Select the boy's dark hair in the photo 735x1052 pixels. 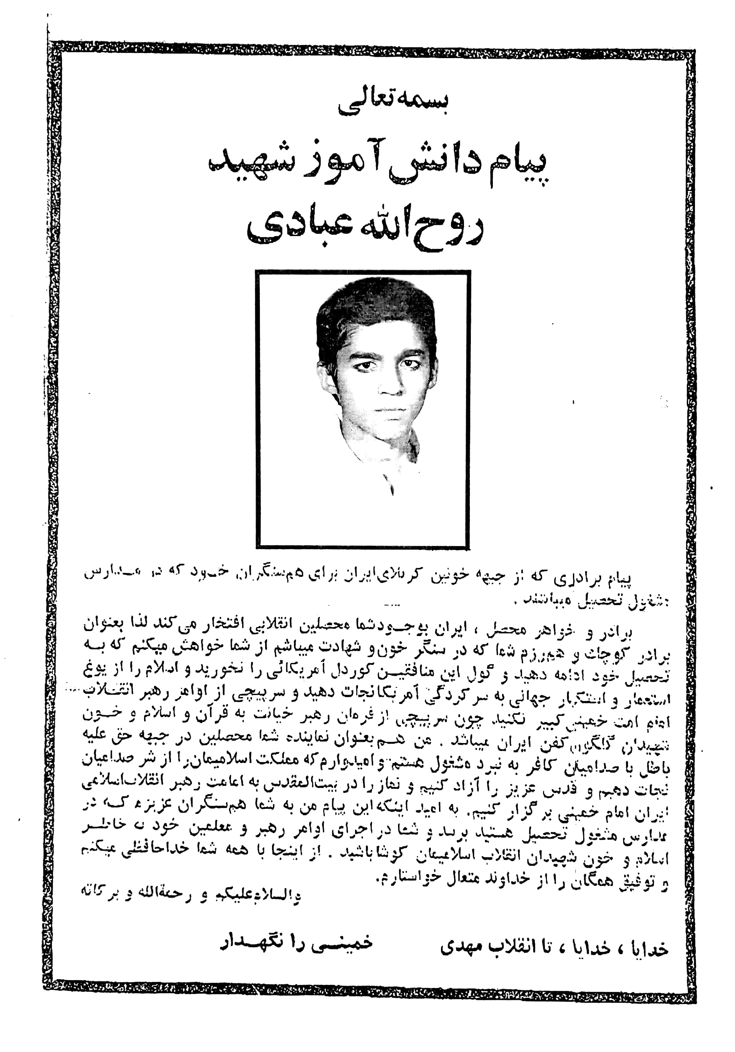[x=375, y=312]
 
